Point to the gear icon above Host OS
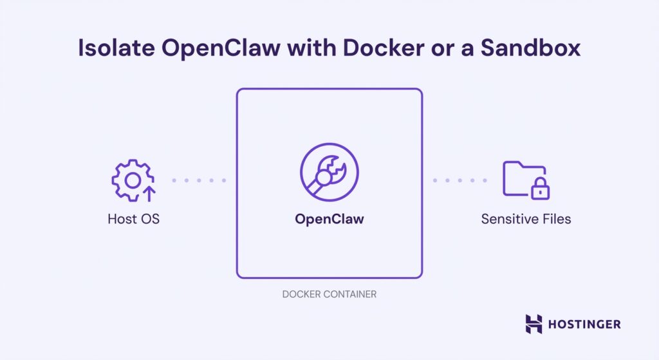point(131,181)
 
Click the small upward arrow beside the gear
point(149,193)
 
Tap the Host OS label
point(133,219)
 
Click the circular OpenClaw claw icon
point(329,172)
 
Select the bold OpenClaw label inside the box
point(329,219)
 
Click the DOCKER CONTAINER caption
point(329,294)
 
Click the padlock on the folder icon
point(540,189)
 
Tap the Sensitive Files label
point(526,219)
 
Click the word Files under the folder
point(555,219)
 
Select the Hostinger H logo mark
point(534,324)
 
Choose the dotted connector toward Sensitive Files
point(459,180)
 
